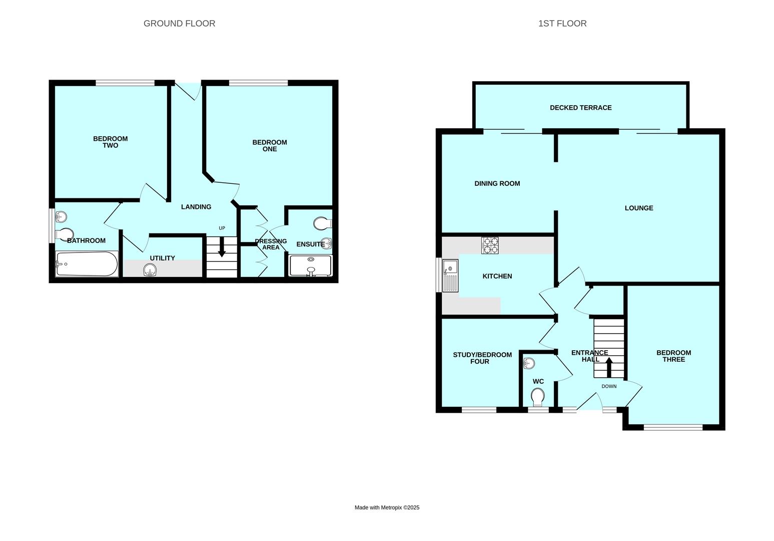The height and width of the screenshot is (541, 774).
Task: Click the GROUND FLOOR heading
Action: click(179, 24)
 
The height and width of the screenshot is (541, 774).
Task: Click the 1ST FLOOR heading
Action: click(562, 24)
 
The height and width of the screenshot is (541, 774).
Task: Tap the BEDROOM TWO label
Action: click(110, 142)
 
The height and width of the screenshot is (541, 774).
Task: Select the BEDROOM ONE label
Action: click(269, 146)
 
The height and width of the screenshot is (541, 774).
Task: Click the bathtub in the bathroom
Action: click(87, 263)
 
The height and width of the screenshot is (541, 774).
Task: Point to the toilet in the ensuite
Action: click(322, 222)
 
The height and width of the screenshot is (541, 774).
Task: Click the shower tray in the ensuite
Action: click(310, 265)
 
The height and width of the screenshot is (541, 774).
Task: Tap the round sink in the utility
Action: click(150, 271)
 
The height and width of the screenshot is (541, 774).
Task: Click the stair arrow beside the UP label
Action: click(222, 247)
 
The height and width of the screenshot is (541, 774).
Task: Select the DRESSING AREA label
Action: click(271, 244)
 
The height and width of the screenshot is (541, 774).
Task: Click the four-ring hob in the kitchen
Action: click(490, 245)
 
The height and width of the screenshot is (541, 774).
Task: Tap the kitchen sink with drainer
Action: click(450, 276)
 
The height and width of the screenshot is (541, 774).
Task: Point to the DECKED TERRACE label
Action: click(580, 108)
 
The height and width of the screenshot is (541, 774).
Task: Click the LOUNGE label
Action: click(638, 208)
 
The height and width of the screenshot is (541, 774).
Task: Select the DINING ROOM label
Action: click(497, 184)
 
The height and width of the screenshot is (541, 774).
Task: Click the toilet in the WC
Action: click(538, 398)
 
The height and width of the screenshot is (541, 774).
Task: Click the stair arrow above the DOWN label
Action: click(609, 367)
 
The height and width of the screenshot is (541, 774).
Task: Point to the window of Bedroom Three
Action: click(673, 427)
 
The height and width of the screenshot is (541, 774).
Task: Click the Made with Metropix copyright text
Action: click(387, 507)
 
